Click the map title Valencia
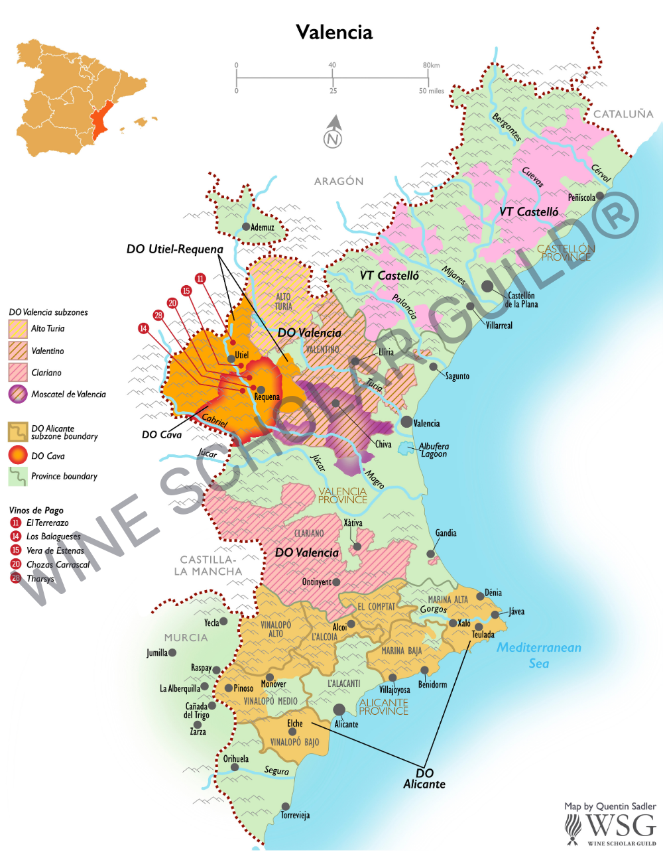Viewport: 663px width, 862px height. pyautogui.click(x=334, y=32)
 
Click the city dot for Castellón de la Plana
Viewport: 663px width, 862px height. pyautogui.click(x=487, y=286)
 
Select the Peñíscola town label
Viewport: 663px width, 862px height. pyautogui.click(x=581, y=198)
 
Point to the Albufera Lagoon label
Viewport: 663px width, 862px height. pyautogui.click(x=434, y=450)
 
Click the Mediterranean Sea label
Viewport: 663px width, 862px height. pyautogui.click(x=539, y=655)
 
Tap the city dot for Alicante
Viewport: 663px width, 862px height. pyautogui.click(x=339, y=710)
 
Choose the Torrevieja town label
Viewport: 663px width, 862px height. pyautogui.click(x=295, y=815)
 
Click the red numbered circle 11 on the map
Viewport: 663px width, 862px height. pyautogui.click(x=200, y=278)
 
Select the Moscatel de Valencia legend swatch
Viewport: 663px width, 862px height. pyautogui.click(x=18, y=394)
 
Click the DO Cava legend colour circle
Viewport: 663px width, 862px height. pyautogui.click(x=18, y=456)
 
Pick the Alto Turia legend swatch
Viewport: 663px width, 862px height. pyautogui.click(x=18, y=328)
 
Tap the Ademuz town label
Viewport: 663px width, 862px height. pyautogui.click(x=262, y=227)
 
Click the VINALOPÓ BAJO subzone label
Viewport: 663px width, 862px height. pyautogui.click(x=294, y=742)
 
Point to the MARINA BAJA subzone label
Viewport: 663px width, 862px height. pyautogui.click(x=401, y=650)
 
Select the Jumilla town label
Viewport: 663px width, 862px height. pyautogui.click(x=156, y=653)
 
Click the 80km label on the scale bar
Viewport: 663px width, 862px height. pyautogui.click(x=431, y=65)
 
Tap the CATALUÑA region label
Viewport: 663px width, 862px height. pyautogui.click(x=623, y=114)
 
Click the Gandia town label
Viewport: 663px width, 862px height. pyautogui.click(x=446, y=533)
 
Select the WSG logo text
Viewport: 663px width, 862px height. pyautogui.click(x=620, y=826)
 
